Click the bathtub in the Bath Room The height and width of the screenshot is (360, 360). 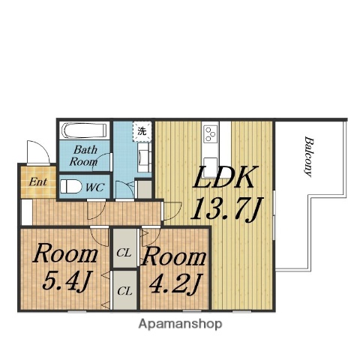pyautogui.click(x=85, y=130)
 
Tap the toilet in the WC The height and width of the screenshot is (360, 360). pyautogui.click(x=70, y=187)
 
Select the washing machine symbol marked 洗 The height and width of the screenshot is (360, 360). pyautogui.click(x=142, y=131)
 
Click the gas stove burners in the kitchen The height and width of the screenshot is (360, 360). pyautogui.click(x=210, y=134)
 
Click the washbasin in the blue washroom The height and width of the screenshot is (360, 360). pyautogui.click(x=143, y=157)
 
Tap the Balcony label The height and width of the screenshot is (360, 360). pyautogui.click(x=309, y=157)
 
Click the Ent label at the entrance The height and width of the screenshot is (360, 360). pyautogui.click(x=37, y=181)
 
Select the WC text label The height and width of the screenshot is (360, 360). pyautogui.click(x=94, y=187)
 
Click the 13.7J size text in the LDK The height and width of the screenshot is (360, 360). pyautogui.click(x=227, y=209)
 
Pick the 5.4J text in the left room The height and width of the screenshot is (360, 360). pyautogui.click(x=65, y=281)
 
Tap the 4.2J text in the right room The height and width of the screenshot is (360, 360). pyautogui.click(x=175, y=283)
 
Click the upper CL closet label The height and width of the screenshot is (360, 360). pyautogui.click(x=124, y=253)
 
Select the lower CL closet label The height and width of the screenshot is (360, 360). pyautogui.click(x=124, y=292)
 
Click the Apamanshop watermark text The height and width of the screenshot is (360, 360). pyautogui.click(x=180, y=324)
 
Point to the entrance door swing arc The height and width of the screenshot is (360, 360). pyautogui.click(x=43, y=148)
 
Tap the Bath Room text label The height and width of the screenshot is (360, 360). pyautogui.click(x=84, y=156)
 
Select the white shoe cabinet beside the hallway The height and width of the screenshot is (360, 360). pyautogui.click(x=26, y=212)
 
